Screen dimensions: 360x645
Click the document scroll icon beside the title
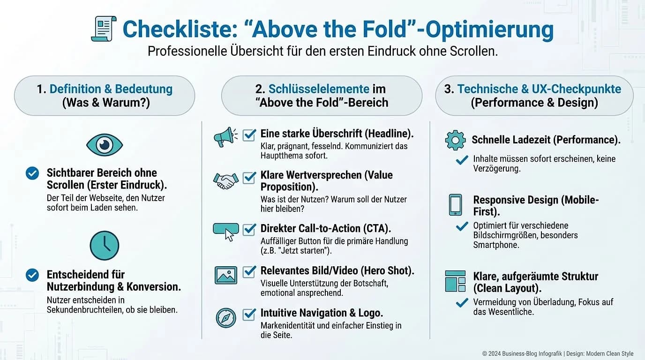(104, 29)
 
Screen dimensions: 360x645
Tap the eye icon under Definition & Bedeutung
(104, 144)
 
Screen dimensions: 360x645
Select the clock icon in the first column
(104, 246)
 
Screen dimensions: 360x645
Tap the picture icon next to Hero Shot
(225, 275)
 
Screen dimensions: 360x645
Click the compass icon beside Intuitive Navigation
(225, 318)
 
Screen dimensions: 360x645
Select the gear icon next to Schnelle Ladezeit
(455, 140)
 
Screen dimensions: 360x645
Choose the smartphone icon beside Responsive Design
(455, 205)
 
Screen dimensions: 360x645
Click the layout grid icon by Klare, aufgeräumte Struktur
(455, 281)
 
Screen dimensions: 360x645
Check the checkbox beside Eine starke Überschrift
(249, 135)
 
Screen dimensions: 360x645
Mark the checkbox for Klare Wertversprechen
(249, 178)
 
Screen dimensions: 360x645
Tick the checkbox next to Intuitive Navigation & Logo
(249, 314)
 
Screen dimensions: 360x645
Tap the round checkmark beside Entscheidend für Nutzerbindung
(32, 275)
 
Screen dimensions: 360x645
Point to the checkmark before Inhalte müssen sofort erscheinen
(462, 160)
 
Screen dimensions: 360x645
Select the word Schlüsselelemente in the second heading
(319, 89)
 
